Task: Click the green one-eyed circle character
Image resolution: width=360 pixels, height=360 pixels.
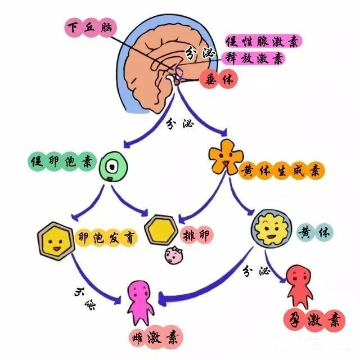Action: coord(114,167)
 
